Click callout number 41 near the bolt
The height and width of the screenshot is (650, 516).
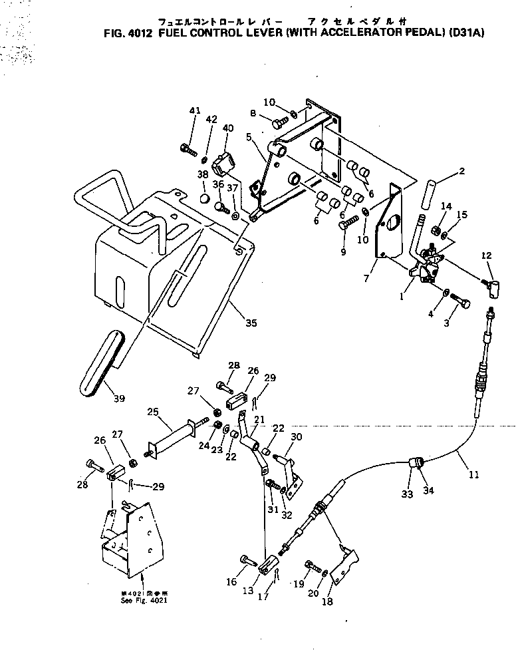(x=194, y=110)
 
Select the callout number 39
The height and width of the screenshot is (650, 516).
(x=119, y=399)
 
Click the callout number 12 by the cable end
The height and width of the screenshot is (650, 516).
(x=487, y=255)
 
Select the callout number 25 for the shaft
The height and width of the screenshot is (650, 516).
(x=154, y=412)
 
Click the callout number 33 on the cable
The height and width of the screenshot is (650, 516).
(x=407, y=494)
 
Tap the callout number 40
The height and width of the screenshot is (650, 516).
(x=228, y=128)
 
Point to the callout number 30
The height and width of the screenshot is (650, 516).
(x=296, y=436)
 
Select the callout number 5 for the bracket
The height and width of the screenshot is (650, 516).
(x=249, y=138)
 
